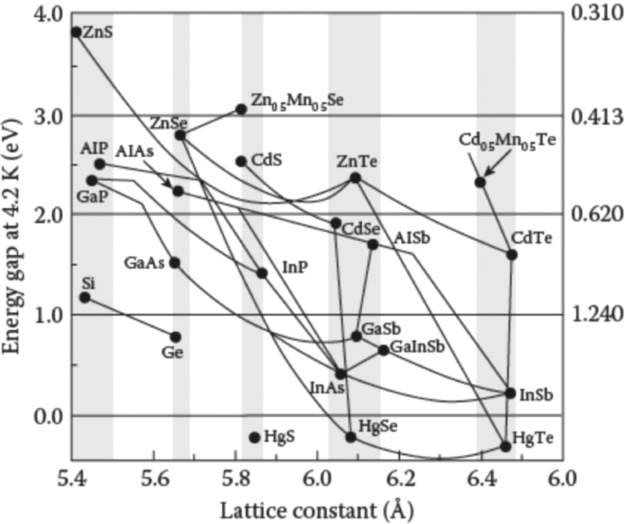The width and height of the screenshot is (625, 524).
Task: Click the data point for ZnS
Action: [x=76, y=32]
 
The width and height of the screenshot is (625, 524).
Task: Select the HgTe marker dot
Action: [x=506, y=447]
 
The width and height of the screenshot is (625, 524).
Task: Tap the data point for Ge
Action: [x=175, y=337]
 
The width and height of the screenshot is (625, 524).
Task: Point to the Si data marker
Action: [x=85, y=298]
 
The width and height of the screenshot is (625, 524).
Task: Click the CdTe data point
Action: [x=512, y=255]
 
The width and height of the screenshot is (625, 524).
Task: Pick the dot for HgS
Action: [x=254, y=437]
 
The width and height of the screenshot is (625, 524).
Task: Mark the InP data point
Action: [x=262, y=273]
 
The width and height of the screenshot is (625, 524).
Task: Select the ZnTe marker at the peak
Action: [x=355, y=177]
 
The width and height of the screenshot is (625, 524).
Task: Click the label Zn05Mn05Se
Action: [x=297, y=100]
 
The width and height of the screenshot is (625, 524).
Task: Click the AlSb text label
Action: [x=411, y=238]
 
